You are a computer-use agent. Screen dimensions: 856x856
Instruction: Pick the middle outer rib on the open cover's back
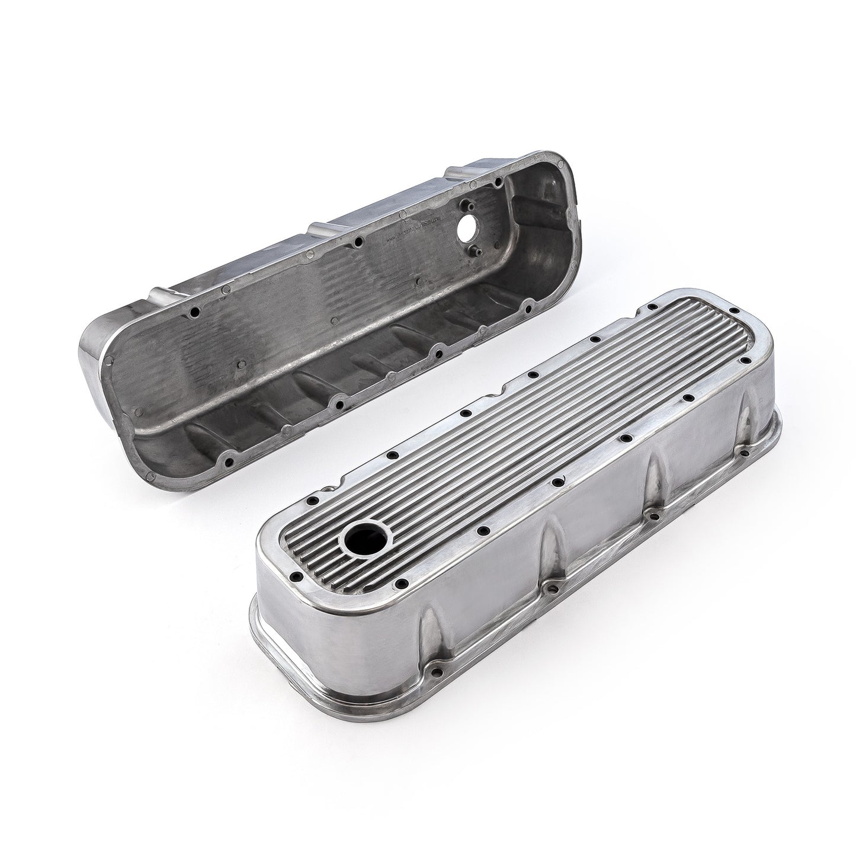click(320, 227)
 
